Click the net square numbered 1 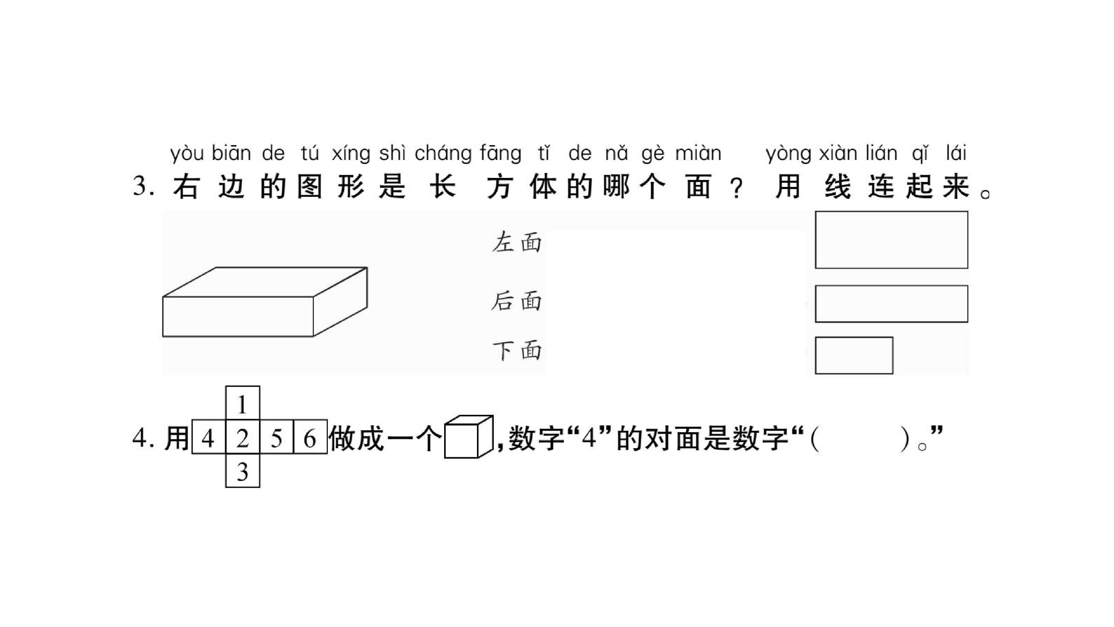[243, 403]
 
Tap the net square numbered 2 [243, 437]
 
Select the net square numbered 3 [243, 470]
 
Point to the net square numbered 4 [209, 437]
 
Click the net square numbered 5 [277, 437]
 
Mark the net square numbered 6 [310, 437]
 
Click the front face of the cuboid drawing [238, 316]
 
